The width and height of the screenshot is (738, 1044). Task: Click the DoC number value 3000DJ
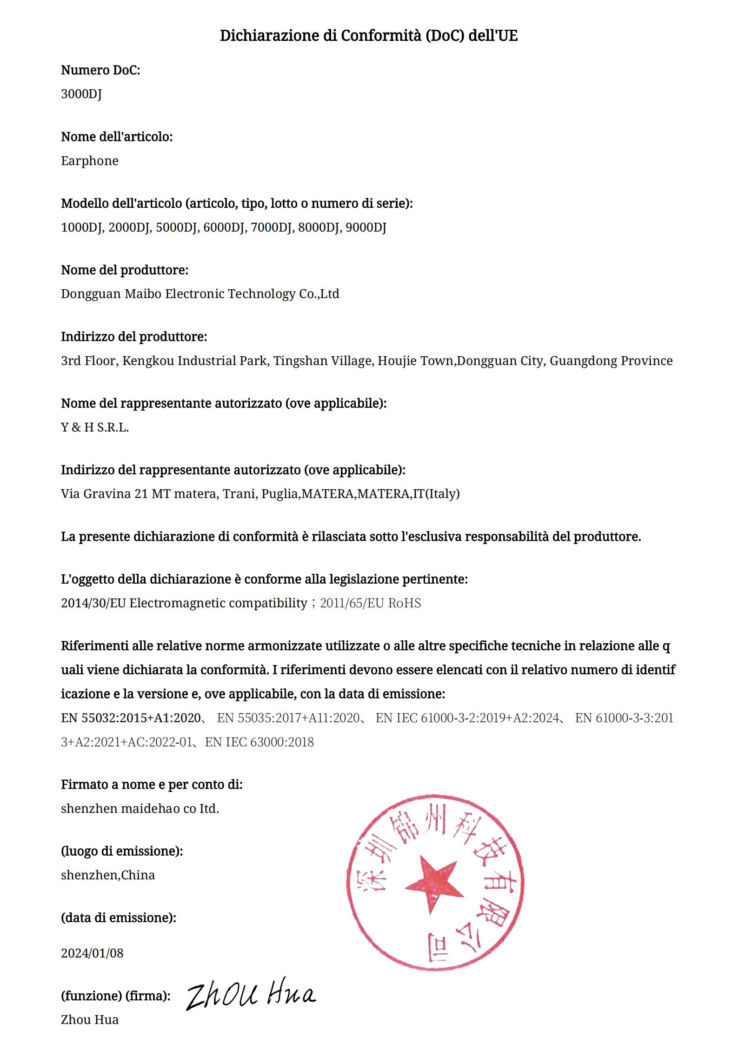pos(81,94)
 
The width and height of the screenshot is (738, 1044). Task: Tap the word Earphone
pos(90,161)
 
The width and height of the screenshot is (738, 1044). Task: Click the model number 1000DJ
pos(81,227)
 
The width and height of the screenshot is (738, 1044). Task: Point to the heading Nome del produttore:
pos(125,270)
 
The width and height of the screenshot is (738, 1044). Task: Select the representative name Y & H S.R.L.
pos(95,427)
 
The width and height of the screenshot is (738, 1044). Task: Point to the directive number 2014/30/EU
pos(93,603)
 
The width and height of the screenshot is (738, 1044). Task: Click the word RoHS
pos(404,603)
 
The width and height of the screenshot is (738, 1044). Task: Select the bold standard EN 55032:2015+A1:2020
pos(131,718)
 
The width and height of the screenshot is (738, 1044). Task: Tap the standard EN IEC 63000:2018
pos(259,742)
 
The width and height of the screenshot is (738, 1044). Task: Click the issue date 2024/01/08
pos(92,953)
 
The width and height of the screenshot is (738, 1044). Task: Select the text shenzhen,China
pos(108,875)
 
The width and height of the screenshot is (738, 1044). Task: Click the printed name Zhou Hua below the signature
pos(90,1020)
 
